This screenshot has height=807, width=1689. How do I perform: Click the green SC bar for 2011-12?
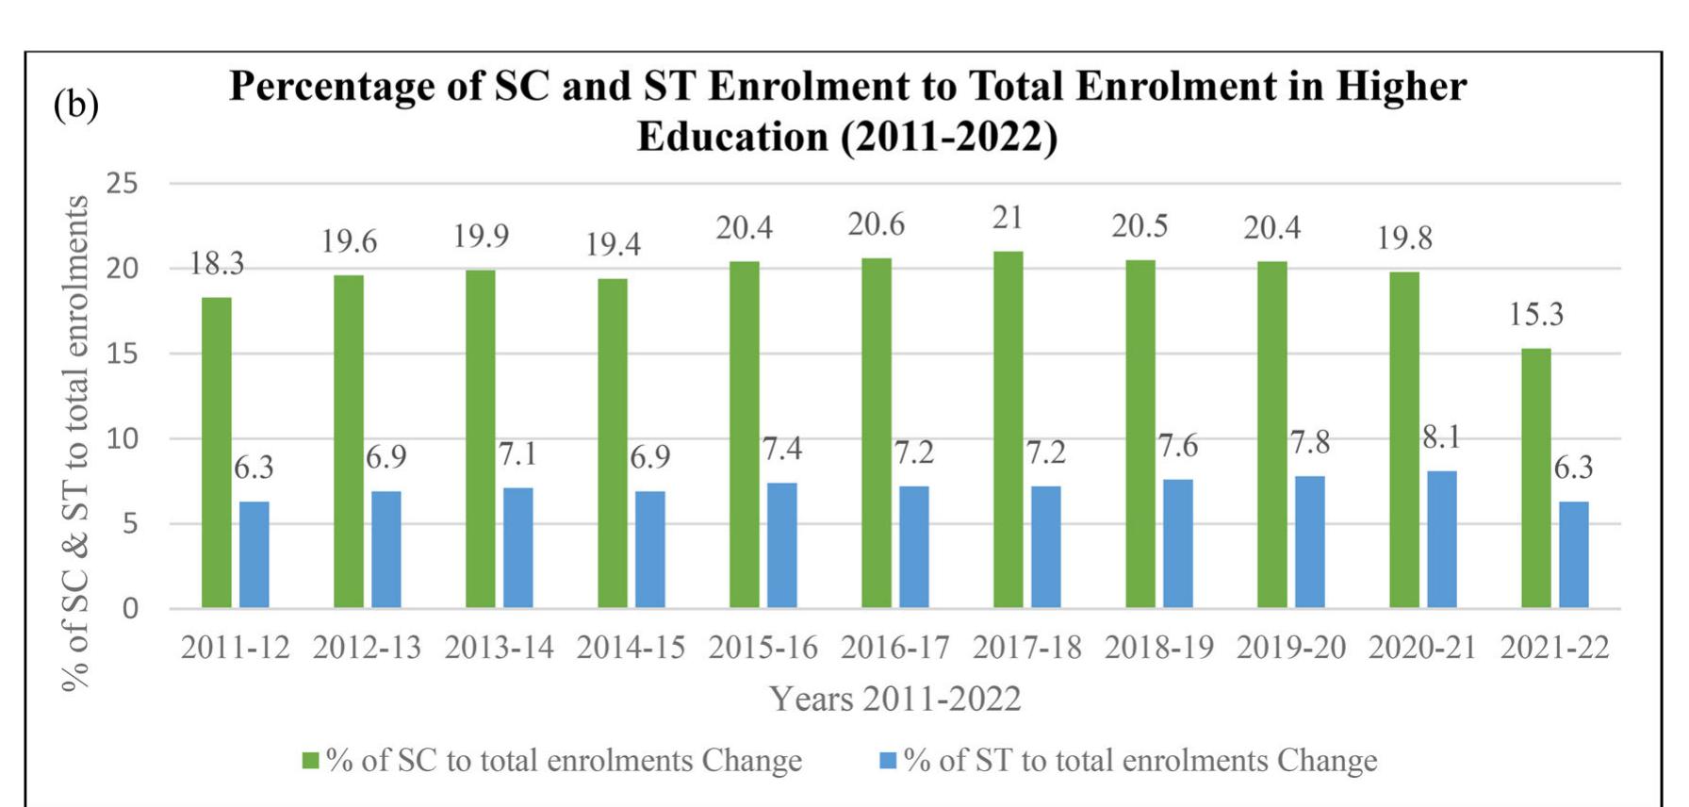217,453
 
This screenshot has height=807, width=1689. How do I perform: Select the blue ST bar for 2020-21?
1441,539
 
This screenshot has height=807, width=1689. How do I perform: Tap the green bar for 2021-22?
1536,478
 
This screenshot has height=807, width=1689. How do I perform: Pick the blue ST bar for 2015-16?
781,545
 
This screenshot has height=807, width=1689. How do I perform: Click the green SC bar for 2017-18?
1008,429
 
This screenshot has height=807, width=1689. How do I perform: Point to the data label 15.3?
1536,314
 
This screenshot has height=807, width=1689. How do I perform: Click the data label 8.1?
1441,436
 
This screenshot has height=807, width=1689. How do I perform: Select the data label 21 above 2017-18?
1008,218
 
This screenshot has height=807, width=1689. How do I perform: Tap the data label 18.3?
217,264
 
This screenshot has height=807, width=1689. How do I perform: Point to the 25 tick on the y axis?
123,183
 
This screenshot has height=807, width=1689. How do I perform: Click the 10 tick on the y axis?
123,438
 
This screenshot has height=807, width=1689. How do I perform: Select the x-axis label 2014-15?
631,648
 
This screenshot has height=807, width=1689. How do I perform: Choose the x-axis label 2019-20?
1290,648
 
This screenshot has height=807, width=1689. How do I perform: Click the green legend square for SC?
310,761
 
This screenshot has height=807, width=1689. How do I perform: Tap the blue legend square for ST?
888,760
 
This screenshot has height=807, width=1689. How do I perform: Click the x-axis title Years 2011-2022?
894,699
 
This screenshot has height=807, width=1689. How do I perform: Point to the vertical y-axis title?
74,443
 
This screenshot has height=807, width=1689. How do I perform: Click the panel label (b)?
75,104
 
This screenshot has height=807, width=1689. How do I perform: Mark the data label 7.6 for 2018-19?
1177,446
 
